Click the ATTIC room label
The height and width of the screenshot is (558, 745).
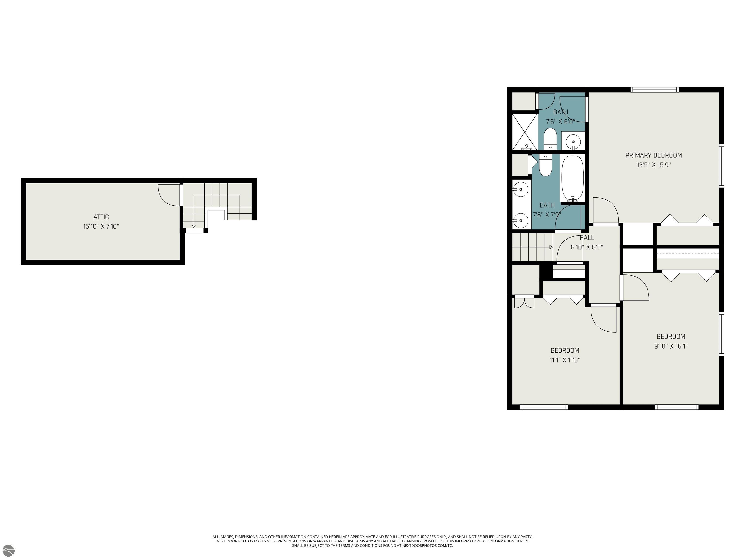[101, 217]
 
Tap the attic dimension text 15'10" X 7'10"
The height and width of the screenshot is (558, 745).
[101, 226]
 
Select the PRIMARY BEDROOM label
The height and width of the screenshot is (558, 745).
[653, 155]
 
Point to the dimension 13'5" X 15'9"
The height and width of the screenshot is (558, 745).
[653, 165]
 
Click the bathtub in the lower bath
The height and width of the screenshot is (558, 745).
[572, 178]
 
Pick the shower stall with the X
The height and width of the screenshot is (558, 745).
[524, 132]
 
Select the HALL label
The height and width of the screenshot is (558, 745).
[587, 237]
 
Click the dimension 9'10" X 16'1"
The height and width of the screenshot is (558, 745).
[671, 346]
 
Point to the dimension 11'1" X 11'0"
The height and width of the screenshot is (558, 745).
[565, 360]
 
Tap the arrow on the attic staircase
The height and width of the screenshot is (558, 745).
[194, 226]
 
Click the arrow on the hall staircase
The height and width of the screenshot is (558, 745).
[551, 247]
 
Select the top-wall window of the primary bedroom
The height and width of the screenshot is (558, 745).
[654, 89]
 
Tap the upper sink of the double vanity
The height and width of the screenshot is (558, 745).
[521, 190]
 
